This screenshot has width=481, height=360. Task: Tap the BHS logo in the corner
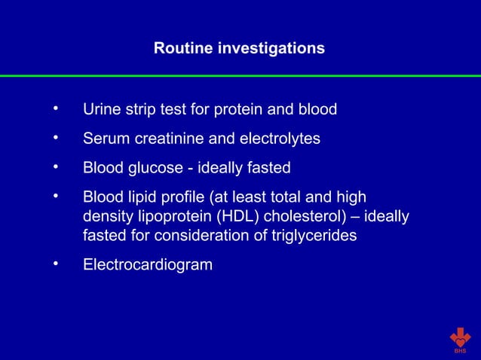pyautogui.click(x=460, y=340)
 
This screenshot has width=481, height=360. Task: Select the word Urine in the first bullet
pyautogui.click(x=100, y=110)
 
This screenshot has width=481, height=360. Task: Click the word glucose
pyautogui.click(x=154, y=167)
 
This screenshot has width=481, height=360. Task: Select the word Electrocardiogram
pyautogui.click(x=148, y=265)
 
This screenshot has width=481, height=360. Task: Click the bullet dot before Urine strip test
pyautogui.click(x=56, y=110)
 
